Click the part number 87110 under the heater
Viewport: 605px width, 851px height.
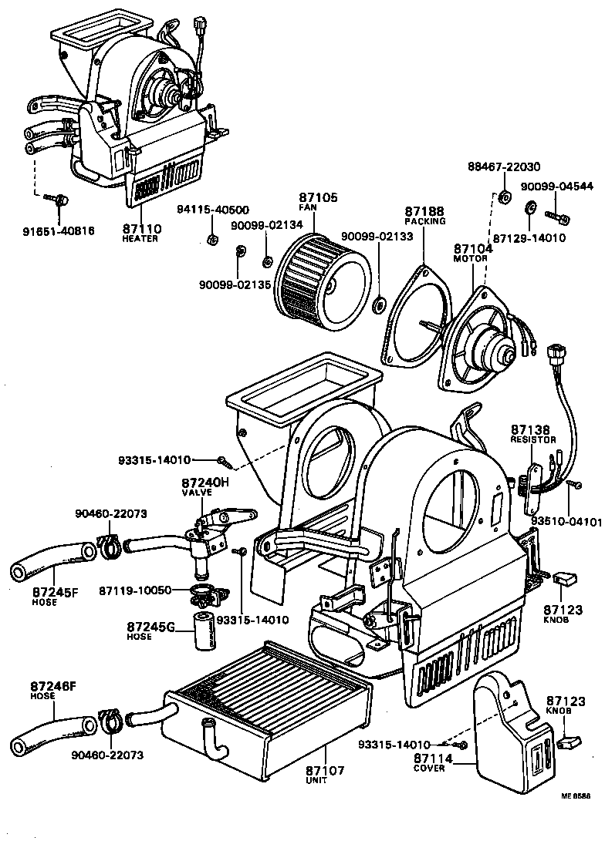[x=142, y=229]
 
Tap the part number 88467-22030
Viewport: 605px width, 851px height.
[x=503, y=167]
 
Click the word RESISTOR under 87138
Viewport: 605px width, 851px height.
[x=532, y=439]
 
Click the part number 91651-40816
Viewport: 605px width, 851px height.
[x=57, y=230]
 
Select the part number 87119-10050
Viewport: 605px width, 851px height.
[x=136, y=590]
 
